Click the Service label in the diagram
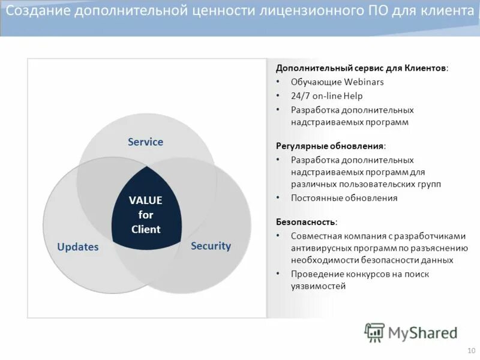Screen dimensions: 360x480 click(145, 142)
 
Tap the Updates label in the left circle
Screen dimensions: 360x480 click(77, 247)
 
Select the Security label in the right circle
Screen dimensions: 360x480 click(211, 245)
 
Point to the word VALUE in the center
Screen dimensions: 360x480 click(146, 200)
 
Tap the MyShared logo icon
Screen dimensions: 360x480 click(374, 332)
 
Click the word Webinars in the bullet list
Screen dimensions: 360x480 click(364, 82)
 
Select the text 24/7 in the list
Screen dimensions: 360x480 click(301, 96)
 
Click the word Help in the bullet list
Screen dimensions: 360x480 click(353, 96)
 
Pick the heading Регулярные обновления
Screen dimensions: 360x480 click(330, 146)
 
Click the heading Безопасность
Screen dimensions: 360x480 click(305, 221)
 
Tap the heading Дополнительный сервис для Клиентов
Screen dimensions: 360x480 click(361, 68)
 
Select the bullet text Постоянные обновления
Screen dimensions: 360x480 click(344, 198)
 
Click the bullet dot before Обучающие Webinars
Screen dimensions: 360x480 click(278, 82)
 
